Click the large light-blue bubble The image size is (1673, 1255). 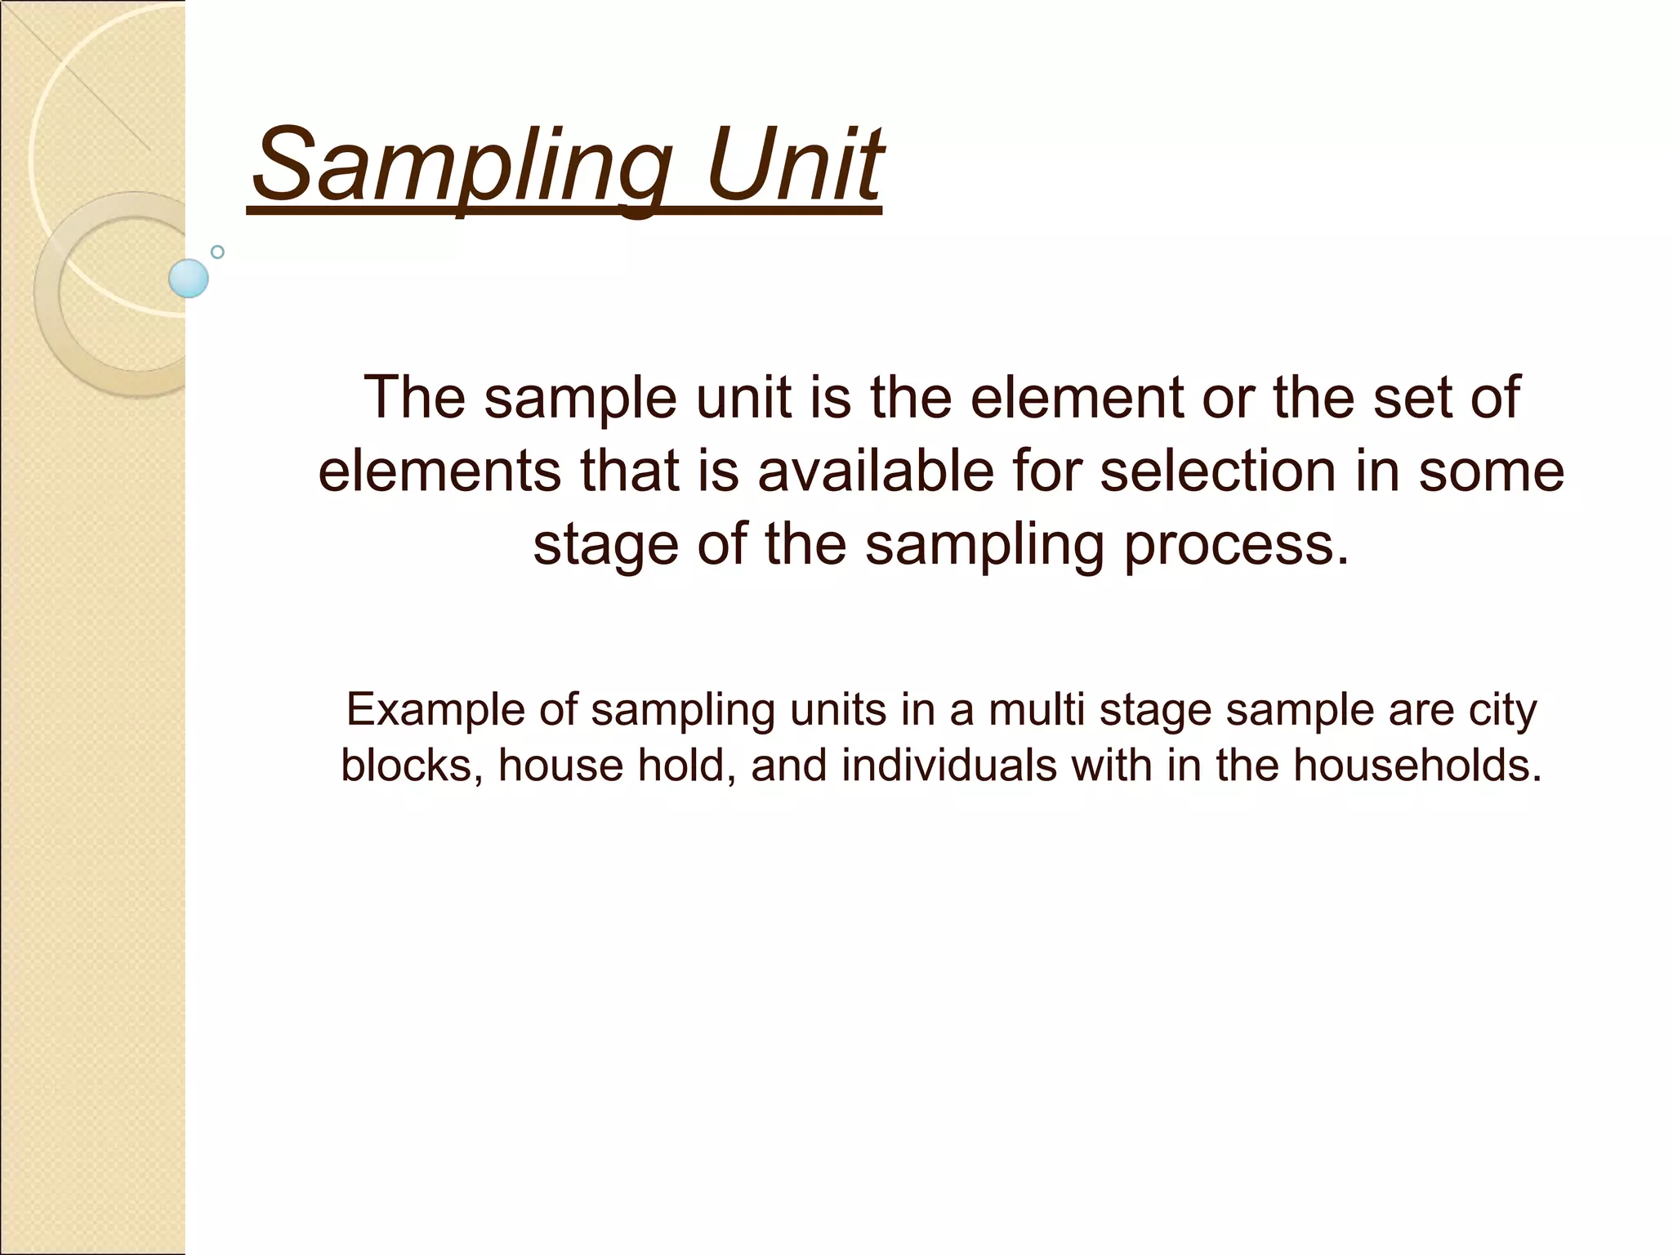pos(189,278)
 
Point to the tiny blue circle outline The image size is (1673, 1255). pos(217,252)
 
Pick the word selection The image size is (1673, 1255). pos(1217,471)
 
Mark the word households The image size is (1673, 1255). pos(1416,766)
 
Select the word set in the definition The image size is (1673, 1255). pos(1406,398)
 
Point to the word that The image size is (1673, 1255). pos(630,471)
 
